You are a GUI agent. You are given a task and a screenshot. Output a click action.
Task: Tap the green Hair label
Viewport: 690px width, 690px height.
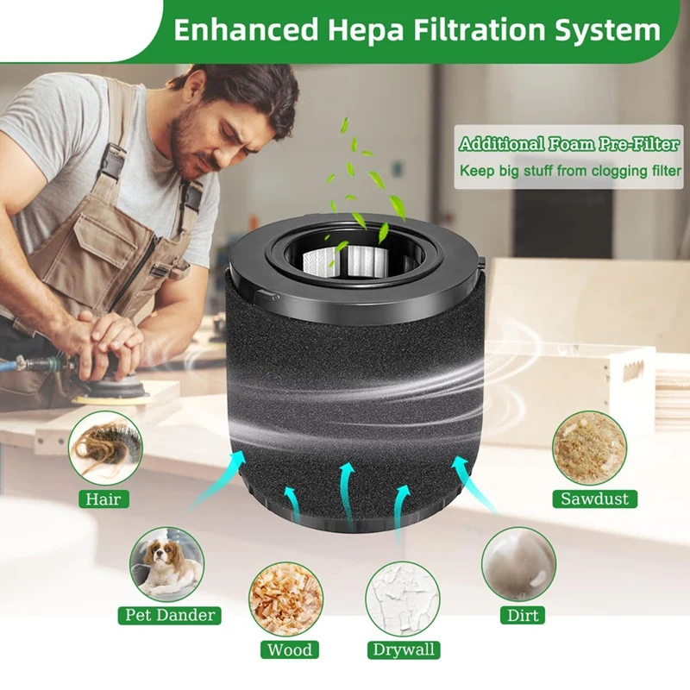[x=102, y=499]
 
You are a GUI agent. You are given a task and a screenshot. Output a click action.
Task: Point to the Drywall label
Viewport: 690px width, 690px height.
[x=403, y=649]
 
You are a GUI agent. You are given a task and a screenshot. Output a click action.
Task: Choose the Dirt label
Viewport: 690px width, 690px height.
[x=518, y=616]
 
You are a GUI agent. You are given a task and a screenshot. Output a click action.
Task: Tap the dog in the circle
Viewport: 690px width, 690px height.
[x=167, y=564]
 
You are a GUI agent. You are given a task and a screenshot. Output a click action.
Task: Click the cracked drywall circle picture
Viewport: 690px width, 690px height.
[x=403, y=599]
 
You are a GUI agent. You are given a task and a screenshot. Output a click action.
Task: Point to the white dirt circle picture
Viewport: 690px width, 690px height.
[x=519, y=564]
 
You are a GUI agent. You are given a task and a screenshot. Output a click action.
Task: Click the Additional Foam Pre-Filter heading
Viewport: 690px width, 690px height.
[x=568, y=144]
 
